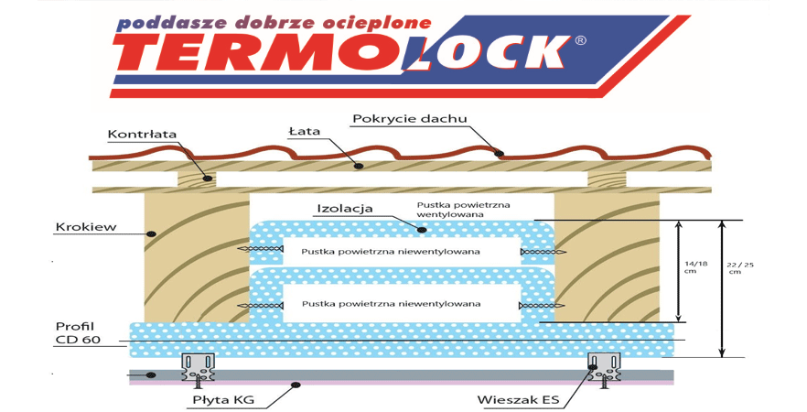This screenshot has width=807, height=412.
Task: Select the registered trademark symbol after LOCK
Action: point(579,40)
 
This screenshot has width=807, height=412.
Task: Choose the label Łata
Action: point(307,131)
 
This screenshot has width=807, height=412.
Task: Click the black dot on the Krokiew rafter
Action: point(153,234)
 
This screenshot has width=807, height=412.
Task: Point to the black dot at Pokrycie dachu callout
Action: point(500,153)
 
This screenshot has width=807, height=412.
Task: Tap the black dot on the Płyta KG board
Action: point(295,385)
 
